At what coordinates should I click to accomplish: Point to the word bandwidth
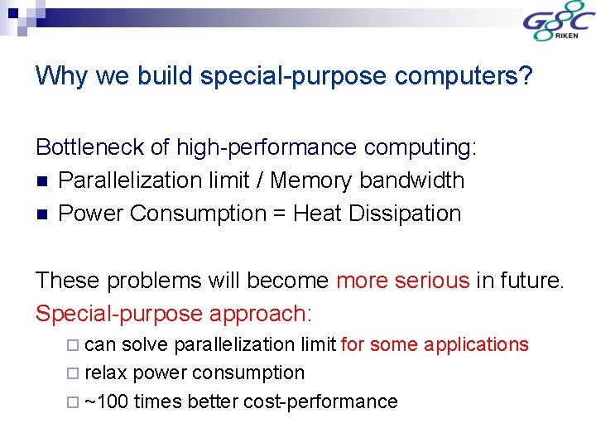pos(416,180)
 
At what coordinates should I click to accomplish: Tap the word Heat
pos(318,214)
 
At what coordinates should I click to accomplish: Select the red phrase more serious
pos(402,281)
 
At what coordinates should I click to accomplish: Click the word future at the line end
pos(528,281)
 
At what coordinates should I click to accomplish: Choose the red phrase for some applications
pos(435,344)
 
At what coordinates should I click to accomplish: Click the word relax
pos(106,373)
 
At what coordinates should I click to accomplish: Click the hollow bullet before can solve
pos(74,345)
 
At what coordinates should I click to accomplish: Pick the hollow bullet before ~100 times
pos(74,403)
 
